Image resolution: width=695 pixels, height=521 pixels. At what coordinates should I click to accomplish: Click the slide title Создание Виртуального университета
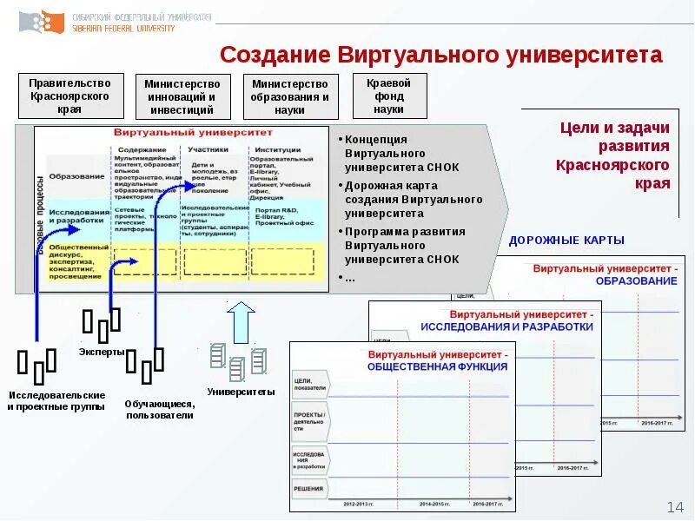[440, 55]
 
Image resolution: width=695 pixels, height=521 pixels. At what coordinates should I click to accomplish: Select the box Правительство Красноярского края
[69, 96]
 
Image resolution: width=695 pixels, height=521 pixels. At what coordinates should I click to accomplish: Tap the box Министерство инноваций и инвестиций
[182, 96]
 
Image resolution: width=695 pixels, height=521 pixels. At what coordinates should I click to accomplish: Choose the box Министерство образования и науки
[289, 96]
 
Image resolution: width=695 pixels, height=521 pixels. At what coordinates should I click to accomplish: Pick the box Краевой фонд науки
[389, 96]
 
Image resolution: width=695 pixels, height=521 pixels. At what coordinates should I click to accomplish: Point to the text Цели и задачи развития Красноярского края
[613, 155]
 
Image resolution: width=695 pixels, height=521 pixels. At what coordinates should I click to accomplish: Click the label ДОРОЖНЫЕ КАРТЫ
[566, 240]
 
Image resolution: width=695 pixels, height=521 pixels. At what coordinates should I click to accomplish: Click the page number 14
[675, 506]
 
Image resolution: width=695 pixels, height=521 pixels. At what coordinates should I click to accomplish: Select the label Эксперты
[102, 352]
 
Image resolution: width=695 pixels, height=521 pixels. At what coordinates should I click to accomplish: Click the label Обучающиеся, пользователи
[159, 409]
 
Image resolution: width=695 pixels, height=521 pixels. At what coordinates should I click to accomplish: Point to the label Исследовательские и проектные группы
[56, 400]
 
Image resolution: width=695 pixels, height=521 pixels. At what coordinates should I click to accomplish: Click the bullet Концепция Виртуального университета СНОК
[400, 153]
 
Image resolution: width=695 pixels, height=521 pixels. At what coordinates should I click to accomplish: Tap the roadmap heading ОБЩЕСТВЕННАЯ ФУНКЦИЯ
[437, 366]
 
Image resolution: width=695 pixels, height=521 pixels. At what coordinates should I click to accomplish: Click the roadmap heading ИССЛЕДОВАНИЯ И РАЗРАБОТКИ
[506, 326]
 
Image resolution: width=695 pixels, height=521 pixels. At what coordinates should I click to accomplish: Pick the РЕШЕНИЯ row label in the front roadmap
[308, 488]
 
